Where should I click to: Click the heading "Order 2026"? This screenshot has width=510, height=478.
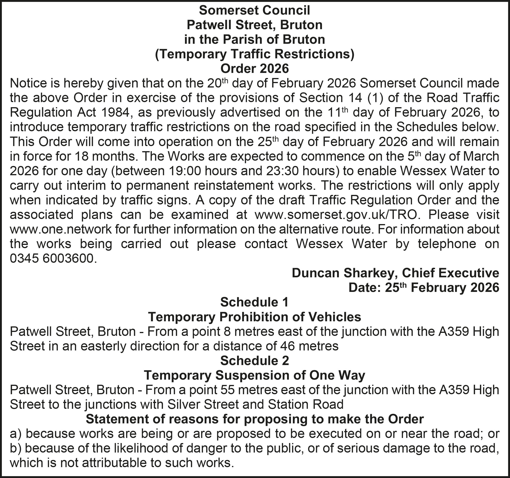(x=254, y=69)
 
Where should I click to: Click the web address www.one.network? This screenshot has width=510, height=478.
(x=61, y=229)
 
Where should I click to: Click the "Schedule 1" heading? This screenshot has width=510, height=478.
(x=254, y=302)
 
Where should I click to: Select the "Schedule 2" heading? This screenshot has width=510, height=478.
(x=254, y=361)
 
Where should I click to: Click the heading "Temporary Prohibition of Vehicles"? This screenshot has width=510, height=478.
(x=254, y=317)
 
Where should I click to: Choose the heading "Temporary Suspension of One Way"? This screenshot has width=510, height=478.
(x=254, y=375)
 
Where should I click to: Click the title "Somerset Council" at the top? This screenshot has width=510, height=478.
(x=254, y=10)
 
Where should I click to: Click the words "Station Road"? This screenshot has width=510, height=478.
(x=306, y=405)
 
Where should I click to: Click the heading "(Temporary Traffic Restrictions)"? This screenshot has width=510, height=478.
(x=254, y=54)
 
